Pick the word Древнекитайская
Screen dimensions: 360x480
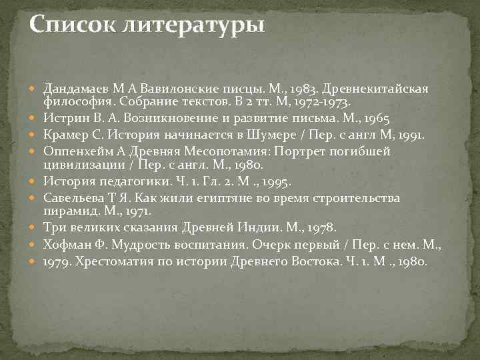tap(378, 89)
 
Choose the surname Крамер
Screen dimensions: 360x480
tap(65, 135)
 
